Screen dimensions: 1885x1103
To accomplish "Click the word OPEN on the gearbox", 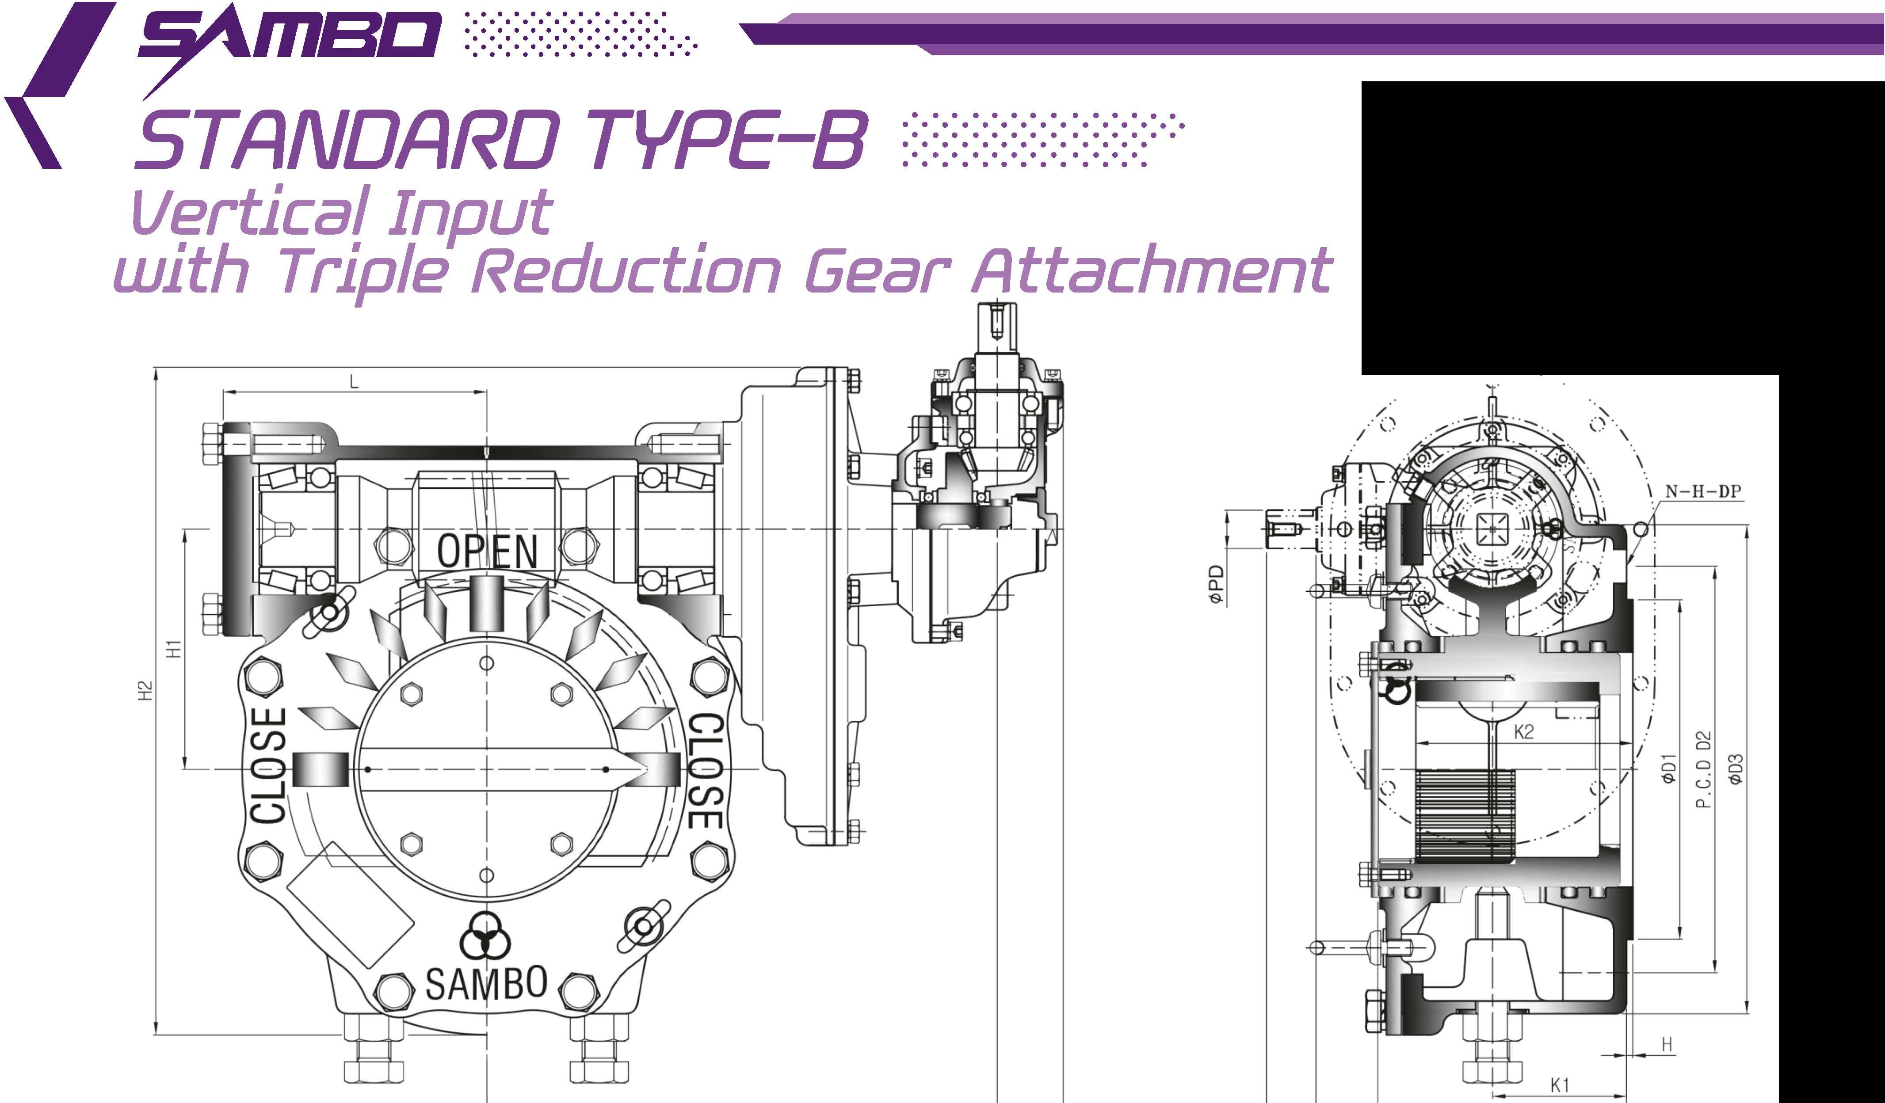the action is [488, 551].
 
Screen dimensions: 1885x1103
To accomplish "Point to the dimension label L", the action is [355, 382].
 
